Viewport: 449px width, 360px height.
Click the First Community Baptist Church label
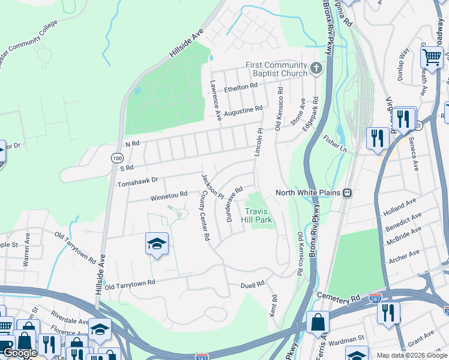click(x=276, y=70)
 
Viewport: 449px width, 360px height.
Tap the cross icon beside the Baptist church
click(x=317, y=70)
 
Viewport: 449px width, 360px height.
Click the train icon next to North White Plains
click(x=348, y=193)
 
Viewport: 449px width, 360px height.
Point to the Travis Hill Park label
click(x=258, y=215)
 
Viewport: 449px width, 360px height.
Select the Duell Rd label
click(x=253, y=286)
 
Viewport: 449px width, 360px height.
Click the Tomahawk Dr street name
click(x=138, y=180)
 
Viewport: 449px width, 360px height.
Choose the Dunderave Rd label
click(x=234, y=204)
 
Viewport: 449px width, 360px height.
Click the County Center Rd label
click(x=204, y=216)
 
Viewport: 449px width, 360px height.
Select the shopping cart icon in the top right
click(x=432, y=58)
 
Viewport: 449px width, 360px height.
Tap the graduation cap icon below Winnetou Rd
click(x=157, y=244)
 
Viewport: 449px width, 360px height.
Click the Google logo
click(x=20, y=353)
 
